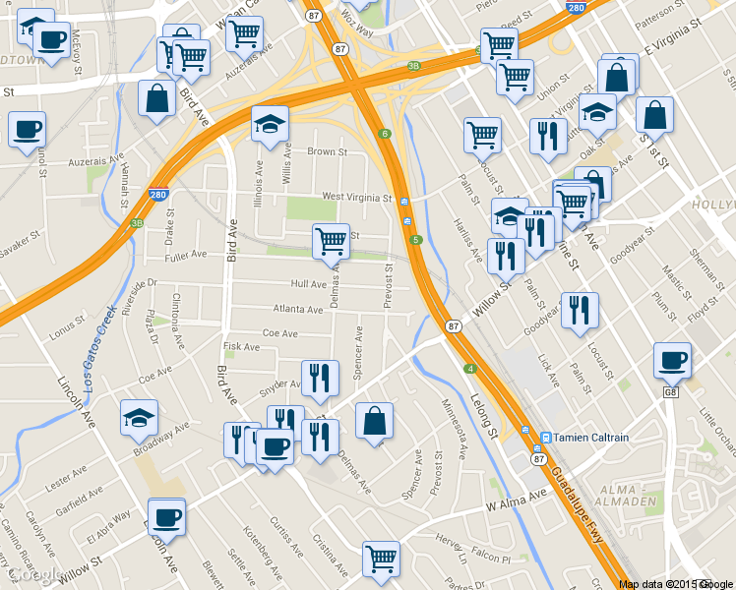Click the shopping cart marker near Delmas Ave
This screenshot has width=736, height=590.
click(332, 241)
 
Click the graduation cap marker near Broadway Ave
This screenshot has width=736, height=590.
click(139, 419)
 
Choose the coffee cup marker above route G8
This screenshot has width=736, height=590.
click(673, 361)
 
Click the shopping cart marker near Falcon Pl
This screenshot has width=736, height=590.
click(381, 559)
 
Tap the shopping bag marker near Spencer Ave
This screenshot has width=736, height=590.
click(374, 421)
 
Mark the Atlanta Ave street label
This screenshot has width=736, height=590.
click(298, 310)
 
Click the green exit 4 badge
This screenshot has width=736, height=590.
click(470, 369)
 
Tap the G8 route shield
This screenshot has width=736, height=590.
click(671, 393)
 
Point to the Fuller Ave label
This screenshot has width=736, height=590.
click(186, 254)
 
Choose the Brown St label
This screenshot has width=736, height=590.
click(327, 152)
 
